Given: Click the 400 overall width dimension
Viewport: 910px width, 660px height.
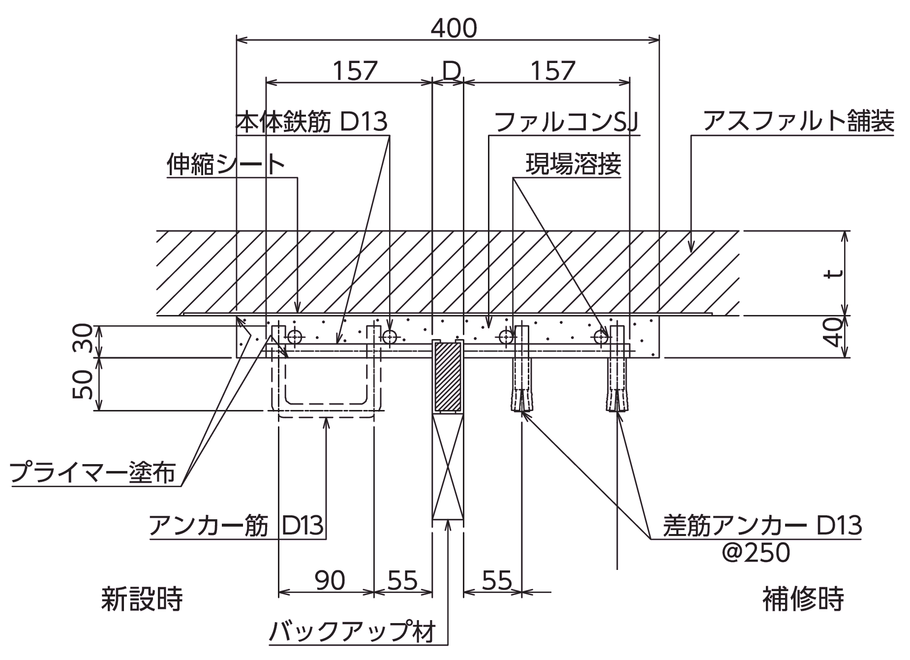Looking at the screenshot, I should coord(454,29).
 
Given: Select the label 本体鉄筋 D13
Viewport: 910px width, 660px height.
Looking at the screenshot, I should coord(312,122).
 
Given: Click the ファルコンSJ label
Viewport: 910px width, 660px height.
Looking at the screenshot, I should coord(566,122).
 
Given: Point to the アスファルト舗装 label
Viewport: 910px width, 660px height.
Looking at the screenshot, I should coord(798,121).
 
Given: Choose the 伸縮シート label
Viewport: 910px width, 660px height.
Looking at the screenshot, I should coord(226,164).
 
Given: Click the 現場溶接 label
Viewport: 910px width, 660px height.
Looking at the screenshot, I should coord(573,164).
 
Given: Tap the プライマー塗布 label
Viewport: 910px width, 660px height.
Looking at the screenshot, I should coord(92,472).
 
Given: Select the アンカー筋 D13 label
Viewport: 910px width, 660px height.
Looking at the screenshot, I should coord(236,526).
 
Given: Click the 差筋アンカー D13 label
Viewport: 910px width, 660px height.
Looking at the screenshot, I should coord(762,526).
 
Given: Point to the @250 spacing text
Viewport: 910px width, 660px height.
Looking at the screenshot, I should coord(756,553).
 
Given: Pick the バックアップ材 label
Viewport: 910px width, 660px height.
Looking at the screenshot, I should coord(353,631).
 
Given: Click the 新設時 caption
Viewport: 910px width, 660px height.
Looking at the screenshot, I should coord(142,599).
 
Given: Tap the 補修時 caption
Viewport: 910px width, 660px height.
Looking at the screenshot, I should coord(803,599).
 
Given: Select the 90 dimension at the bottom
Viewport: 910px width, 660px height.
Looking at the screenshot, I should coord(330,581).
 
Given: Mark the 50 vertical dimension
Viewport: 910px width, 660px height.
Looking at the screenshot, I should coord(83,384).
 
